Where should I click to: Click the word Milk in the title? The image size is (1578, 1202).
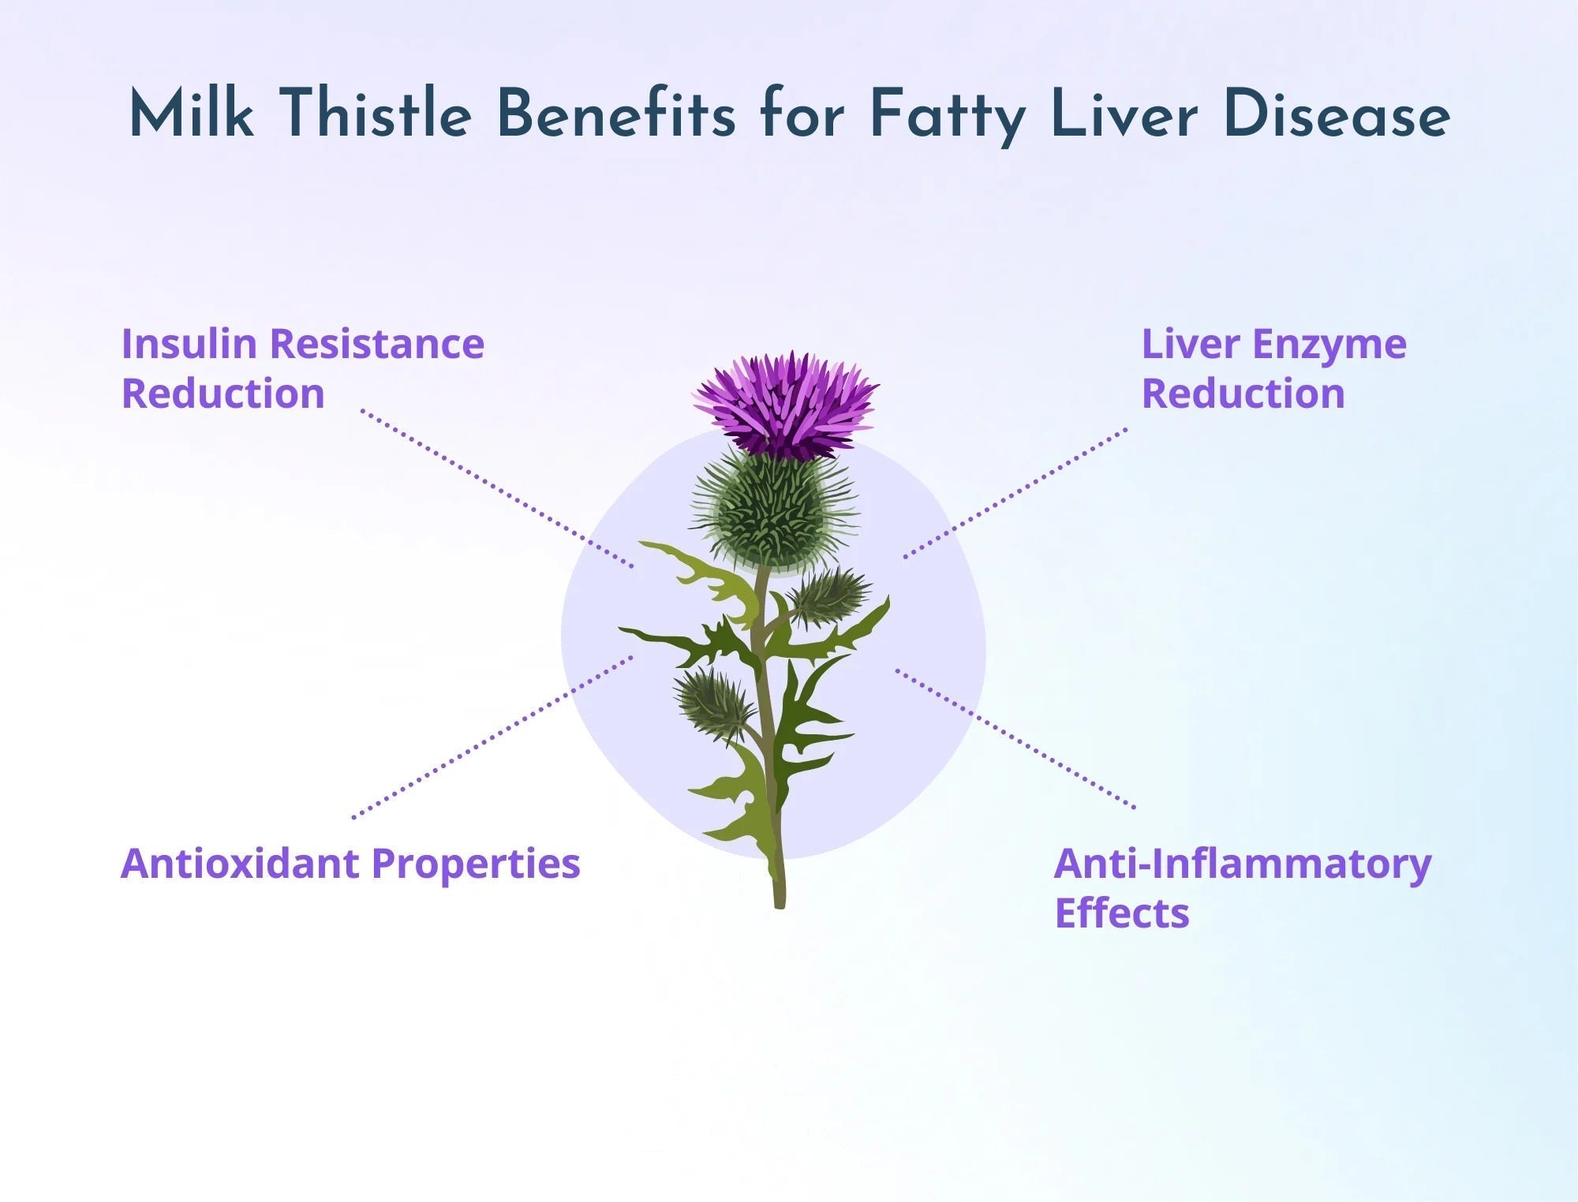point(191,115)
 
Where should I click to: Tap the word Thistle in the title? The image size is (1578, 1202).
point(376,115)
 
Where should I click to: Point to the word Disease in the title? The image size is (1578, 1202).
point(1336,115)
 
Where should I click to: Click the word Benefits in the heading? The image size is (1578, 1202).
point(615,115)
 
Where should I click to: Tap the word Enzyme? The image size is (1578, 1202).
point(1329,345)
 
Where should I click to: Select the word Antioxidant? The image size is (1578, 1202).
point(240,863)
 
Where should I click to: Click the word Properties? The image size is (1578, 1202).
point(476,864)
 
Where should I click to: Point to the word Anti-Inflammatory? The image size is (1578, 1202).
point(1242,864)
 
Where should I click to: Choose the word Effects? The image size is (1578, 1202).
point(1121,913)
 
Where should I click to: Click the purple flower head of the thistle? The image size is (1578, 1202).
point(786,404)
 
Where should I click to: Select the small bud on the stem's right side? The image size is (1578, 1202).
point(828,595)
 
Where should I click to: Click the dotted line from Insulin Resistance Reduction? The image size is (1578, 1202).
point(497,489)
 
